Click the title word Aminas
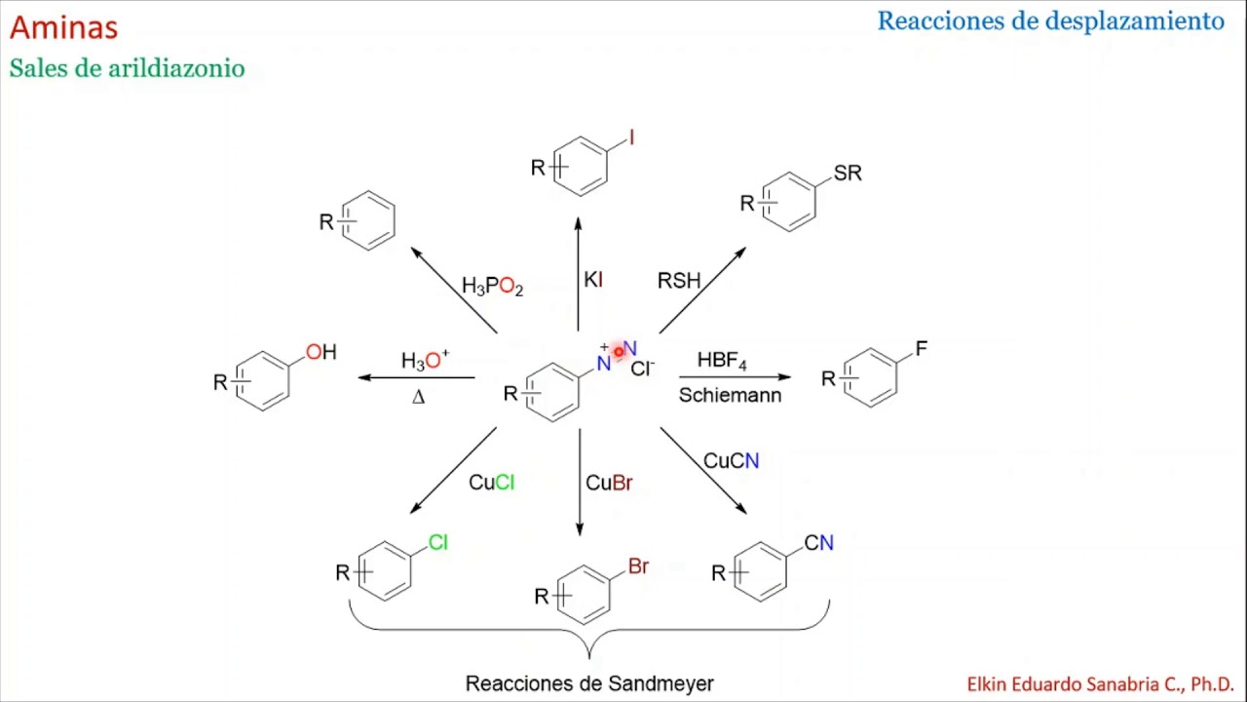click(64, 27)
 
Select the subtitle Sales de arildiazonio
click(127, 68)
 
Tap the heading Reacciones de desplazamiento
click(1051, 21)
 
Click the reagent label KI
click(593, 280)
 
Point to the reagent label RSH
click(679, 280)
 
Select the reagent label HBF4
click(722, 361)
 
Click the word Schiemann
click(731, 395)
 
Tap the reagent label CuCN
click(732, 461)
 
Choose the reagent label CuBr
click(609, 483)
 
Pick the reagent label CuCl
click(492, 483)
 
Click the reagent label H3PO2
click(493, 287)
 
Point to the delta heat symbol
click(419, 397)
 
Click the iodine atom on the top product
click(632, 137)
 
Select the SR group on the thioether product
click(848, 174)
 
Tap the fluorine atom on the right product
click(922, 349)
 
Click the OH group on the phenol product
click(321, 352)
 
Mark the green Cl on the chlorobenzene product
click(438, 542)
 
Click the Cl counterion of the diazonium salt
click(642, 369)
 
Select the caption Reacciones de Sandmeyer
click(589, 683)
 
